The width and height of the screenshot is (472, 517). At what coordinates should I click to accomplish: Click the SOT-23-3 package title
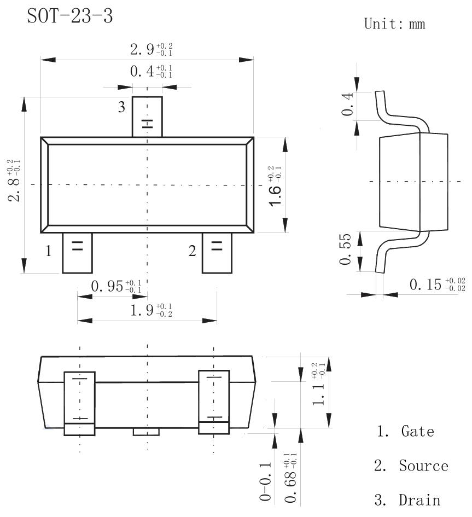click(69, 16)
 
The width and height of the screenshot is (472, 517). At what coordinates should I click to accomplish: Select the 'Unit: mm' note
click(394, 24)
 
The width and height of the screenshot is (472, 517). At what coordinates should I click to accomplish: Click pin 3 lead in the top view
click(147, 117)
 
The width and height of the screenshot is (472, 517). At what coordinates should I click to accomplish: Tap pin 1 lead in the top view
click(77, 253)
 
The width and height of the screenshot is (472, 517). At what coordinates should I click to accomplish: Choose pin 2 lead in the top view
click(217, 253)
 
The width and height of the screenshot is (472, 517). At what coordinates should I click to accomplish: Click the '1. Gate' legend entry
click(405, 431)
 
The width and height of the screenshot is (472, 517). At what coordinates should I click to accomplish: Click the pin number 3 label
click(121, 107)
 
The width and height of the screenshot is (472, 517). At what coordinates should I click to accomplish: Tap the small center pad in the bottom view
click(146, 432)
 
